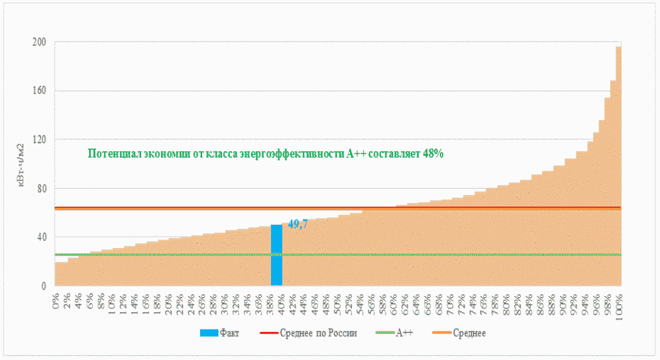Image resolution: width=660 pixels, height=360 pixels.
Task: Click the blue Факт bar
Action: [x=276, y=255]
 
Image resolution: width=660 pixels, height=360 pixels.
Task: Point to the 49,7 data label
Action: [x=298, y=224]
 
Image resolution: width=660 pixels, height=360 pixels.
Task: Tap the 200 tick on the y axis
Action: [x=39, y=42]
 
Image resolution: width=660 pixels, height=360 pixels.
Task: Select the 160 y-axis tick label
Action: [x=39, y=91]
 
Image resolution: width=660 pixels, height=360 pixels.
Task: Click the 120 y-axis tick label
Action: [x=39, y=140]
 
